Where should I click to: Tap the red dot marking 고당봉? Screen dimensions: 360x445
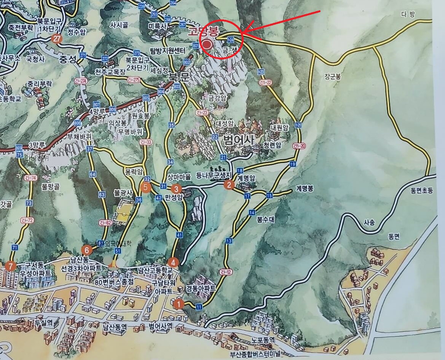[x=207, y=45]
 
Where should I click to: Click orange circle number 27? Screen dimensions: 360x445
[x=57, y=38]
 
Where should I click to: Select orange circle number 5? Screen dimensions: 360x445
[x=145, y=187]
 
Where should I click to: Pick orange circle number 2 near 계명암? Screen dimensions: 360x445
[x=229, y=185]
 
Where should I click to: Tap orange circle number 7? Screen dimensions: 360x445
[x=11, y=266]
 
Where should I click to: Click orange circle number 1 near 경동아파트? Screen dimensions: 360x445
[x=178, y=304]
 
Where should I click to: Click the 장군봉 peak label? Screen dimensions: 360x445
[x=333, y=76]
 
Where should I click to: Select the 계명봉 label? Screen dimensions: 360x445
[x=305, y=188]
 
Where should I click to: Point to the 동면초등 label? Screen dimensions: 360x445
[x=422, y=190]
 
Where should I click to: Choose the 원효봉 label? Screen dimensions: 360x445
[x=141, y=116]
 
